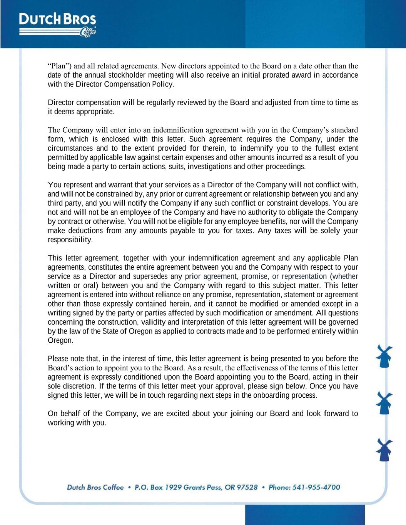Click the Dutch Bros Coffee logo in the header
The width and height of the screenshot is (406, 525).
(x=58, y=24)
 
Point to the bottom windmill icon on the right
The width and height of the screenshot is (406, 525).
(x=384, y=450)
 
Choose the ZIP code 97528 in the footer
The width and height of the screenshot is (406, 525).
(x=247, y=487)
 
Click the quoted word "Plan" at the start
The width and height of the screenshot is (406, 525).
(x=56, y=66)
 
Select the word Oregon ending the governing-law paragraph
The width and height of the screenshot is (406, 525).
(x=60, y=340)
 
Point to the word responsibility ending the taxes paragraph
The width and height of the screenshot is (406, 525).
(x=70, y=240)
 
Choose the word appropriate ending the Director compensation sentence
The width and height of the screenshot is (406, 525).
(x=95, y=112)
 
